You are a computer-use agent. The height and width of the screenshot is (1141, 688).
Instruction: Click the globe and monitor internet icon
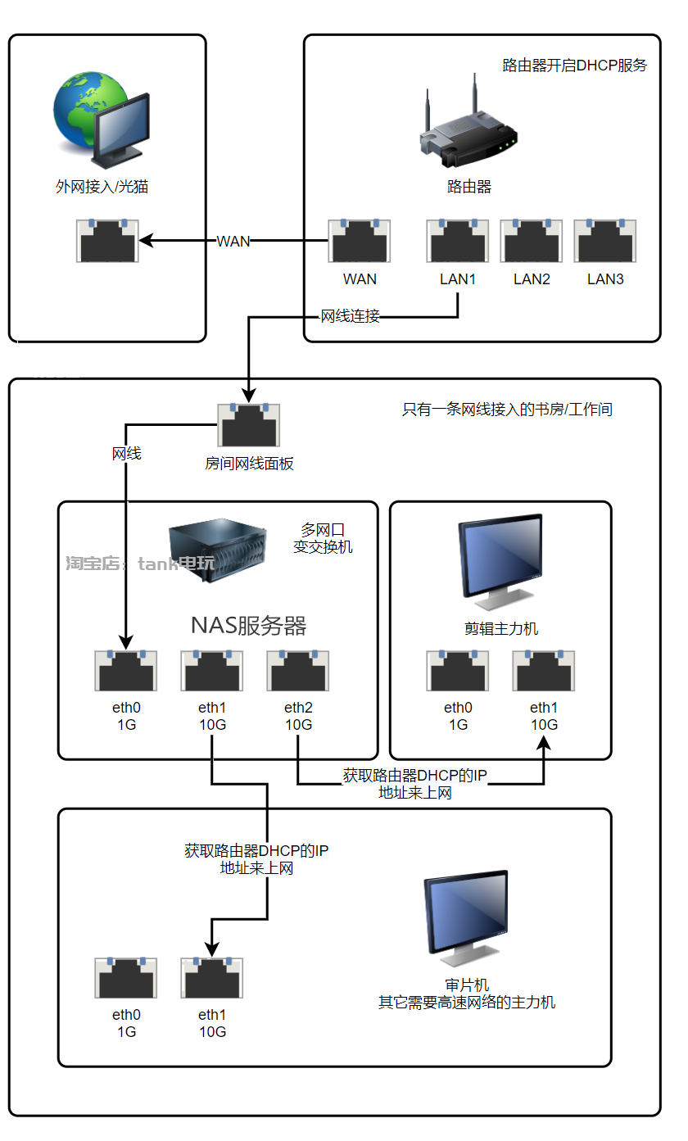pos(102,120)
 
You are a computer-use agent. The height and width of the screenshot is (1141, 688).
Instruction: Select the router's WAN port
pos(359,241)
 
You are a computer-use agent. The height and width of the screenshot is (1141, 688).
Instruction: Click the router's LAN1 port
pos(457,241)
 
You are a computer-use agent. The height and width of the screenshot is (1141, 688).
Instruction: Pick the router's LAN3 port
pos(605,241)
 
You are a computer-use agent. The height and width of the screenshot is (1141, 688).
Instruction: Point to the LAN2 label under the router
pos(532,279)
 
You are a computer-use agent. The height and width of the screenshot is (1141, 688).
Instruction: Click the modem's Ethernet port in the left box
pos(107,241)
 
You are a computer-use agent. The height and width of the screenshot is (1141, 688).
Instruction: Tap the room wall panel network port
pos(248,425)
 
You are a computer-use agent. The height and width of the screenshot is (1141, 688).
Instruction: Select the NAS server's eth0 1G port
pos(126,670)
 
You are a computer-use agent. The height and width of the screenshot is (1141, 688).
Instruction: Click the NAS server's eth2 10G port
pos(298,670)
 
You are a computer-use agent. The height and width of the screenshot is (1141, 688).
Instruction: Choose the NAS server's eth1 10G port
pos(212,670)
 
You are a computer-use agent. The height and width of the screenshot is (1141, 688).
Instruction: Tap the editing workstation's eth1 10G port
pos(544,670)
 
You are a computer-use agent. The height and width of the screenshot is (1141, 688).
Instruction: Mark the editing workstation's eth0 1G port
pos(457,670)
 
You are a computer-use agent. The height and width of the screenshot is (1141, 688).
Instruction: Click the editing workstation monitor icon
pos(500,562)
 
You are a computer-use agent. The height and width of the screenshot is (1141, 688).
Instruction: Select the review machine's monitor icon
pos(467,918)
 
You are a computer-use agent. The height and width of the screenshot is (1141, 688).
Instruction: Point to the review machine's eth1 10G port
pos(212,977)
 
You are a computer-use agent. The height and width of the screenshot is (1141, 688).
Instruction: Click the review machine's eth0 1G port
pos(126,977)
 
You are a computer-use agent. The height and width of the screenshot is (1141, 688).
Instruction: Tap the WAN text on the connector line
pos(233,241)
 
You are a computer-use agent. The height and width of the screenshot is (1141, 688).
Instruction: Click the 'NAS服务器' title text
pos(248,626)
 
